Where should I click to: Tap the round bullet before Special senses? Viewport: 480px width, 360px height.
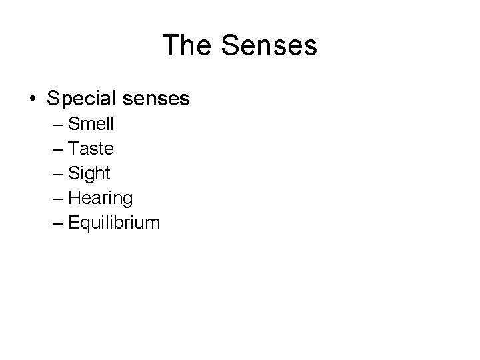[32, 99]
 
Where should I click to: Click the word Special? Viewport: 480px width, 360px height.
[78, 99]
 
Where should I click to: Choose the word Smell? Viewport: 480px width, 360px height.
[91, 124]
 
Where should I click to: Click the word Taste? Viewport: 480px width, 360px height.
[91, 149]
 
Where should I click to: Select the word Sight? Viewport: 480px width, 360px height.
[89, 173]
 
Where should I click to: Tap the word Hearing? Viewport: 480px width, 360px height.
[101, 198]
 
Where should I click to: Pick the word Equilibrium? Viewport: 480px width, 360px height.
[114, 223]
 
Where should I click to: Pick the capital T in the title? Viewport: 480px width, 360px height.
[170, 45]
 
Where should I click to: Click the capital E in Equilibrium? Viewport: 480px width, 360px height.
[73, 222]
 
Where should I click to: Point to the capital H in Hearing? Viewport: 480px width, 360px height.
[73, 197]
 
